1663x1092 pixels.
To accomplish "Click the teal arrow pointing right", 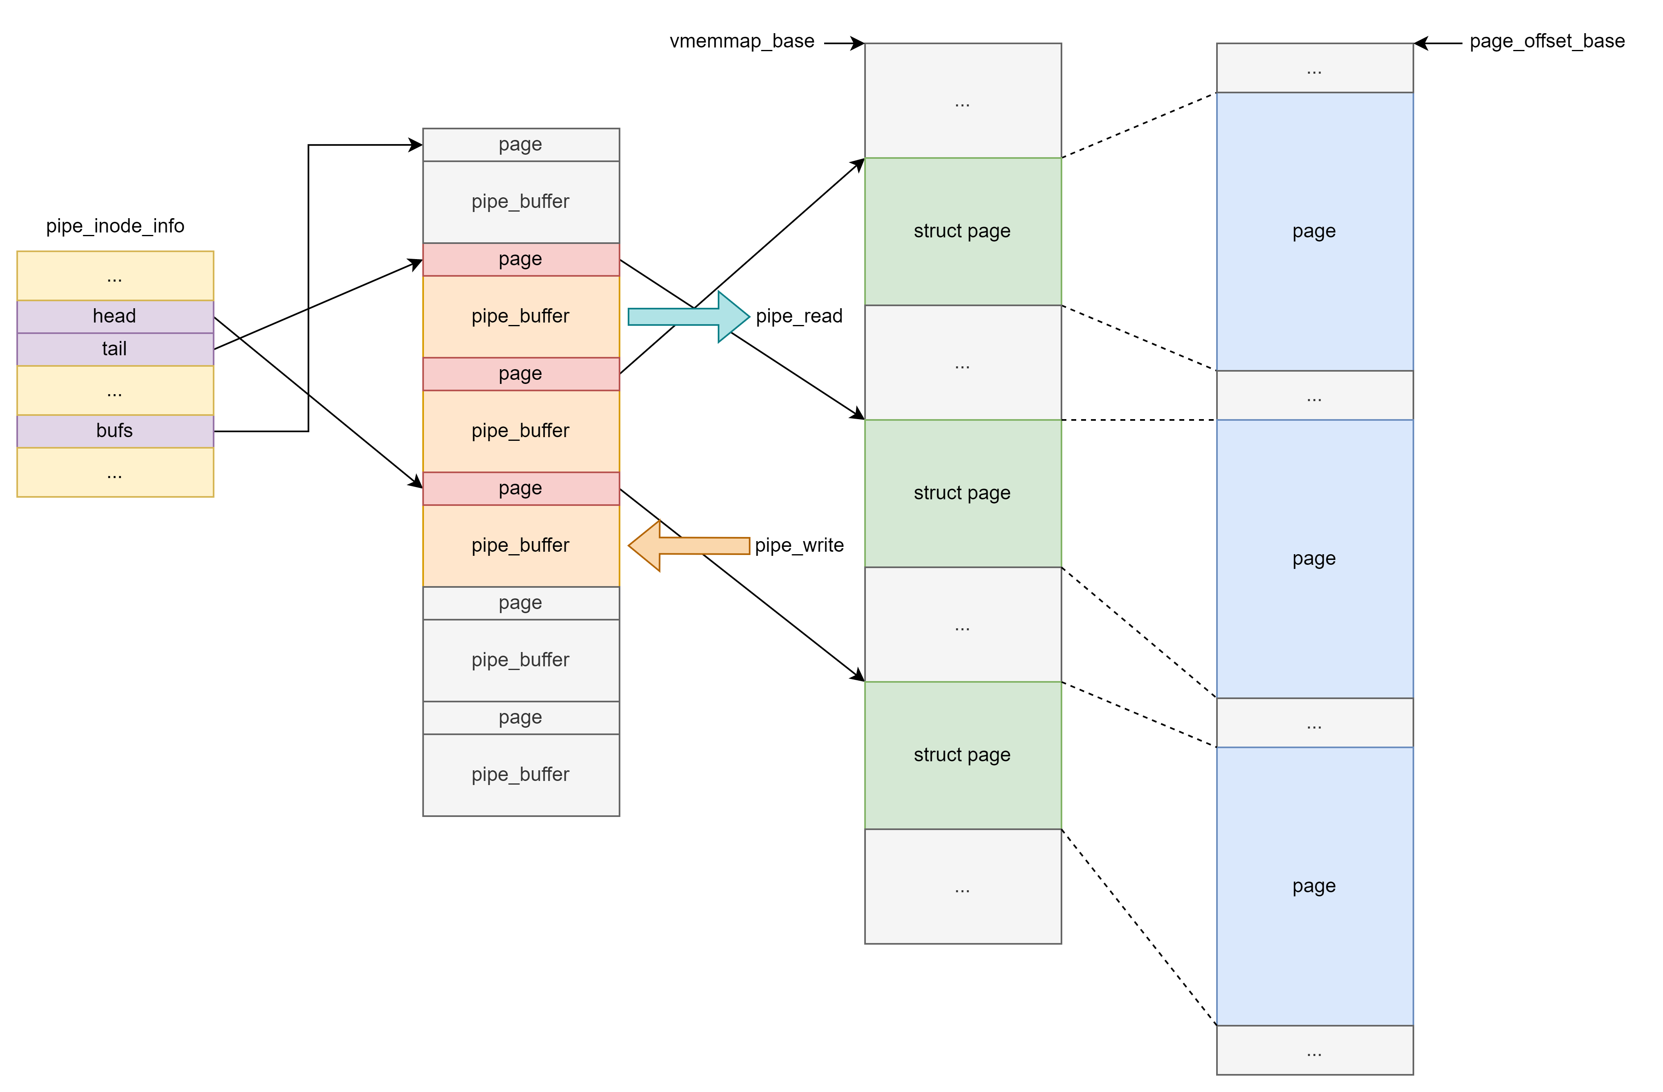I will [688, 317].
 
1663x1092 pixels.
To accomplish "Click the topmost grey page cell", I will [521, 145].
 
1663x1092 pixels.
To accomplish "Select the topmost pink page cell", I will [521, 259].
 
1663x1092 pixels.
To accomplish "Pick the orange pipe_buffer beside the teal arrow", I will [521, 317].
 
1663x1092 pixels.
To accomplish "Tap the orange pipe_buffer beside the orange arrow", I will [521, 545].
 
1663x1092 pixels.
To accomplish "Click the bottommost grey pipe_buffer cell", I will [521, 775].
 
